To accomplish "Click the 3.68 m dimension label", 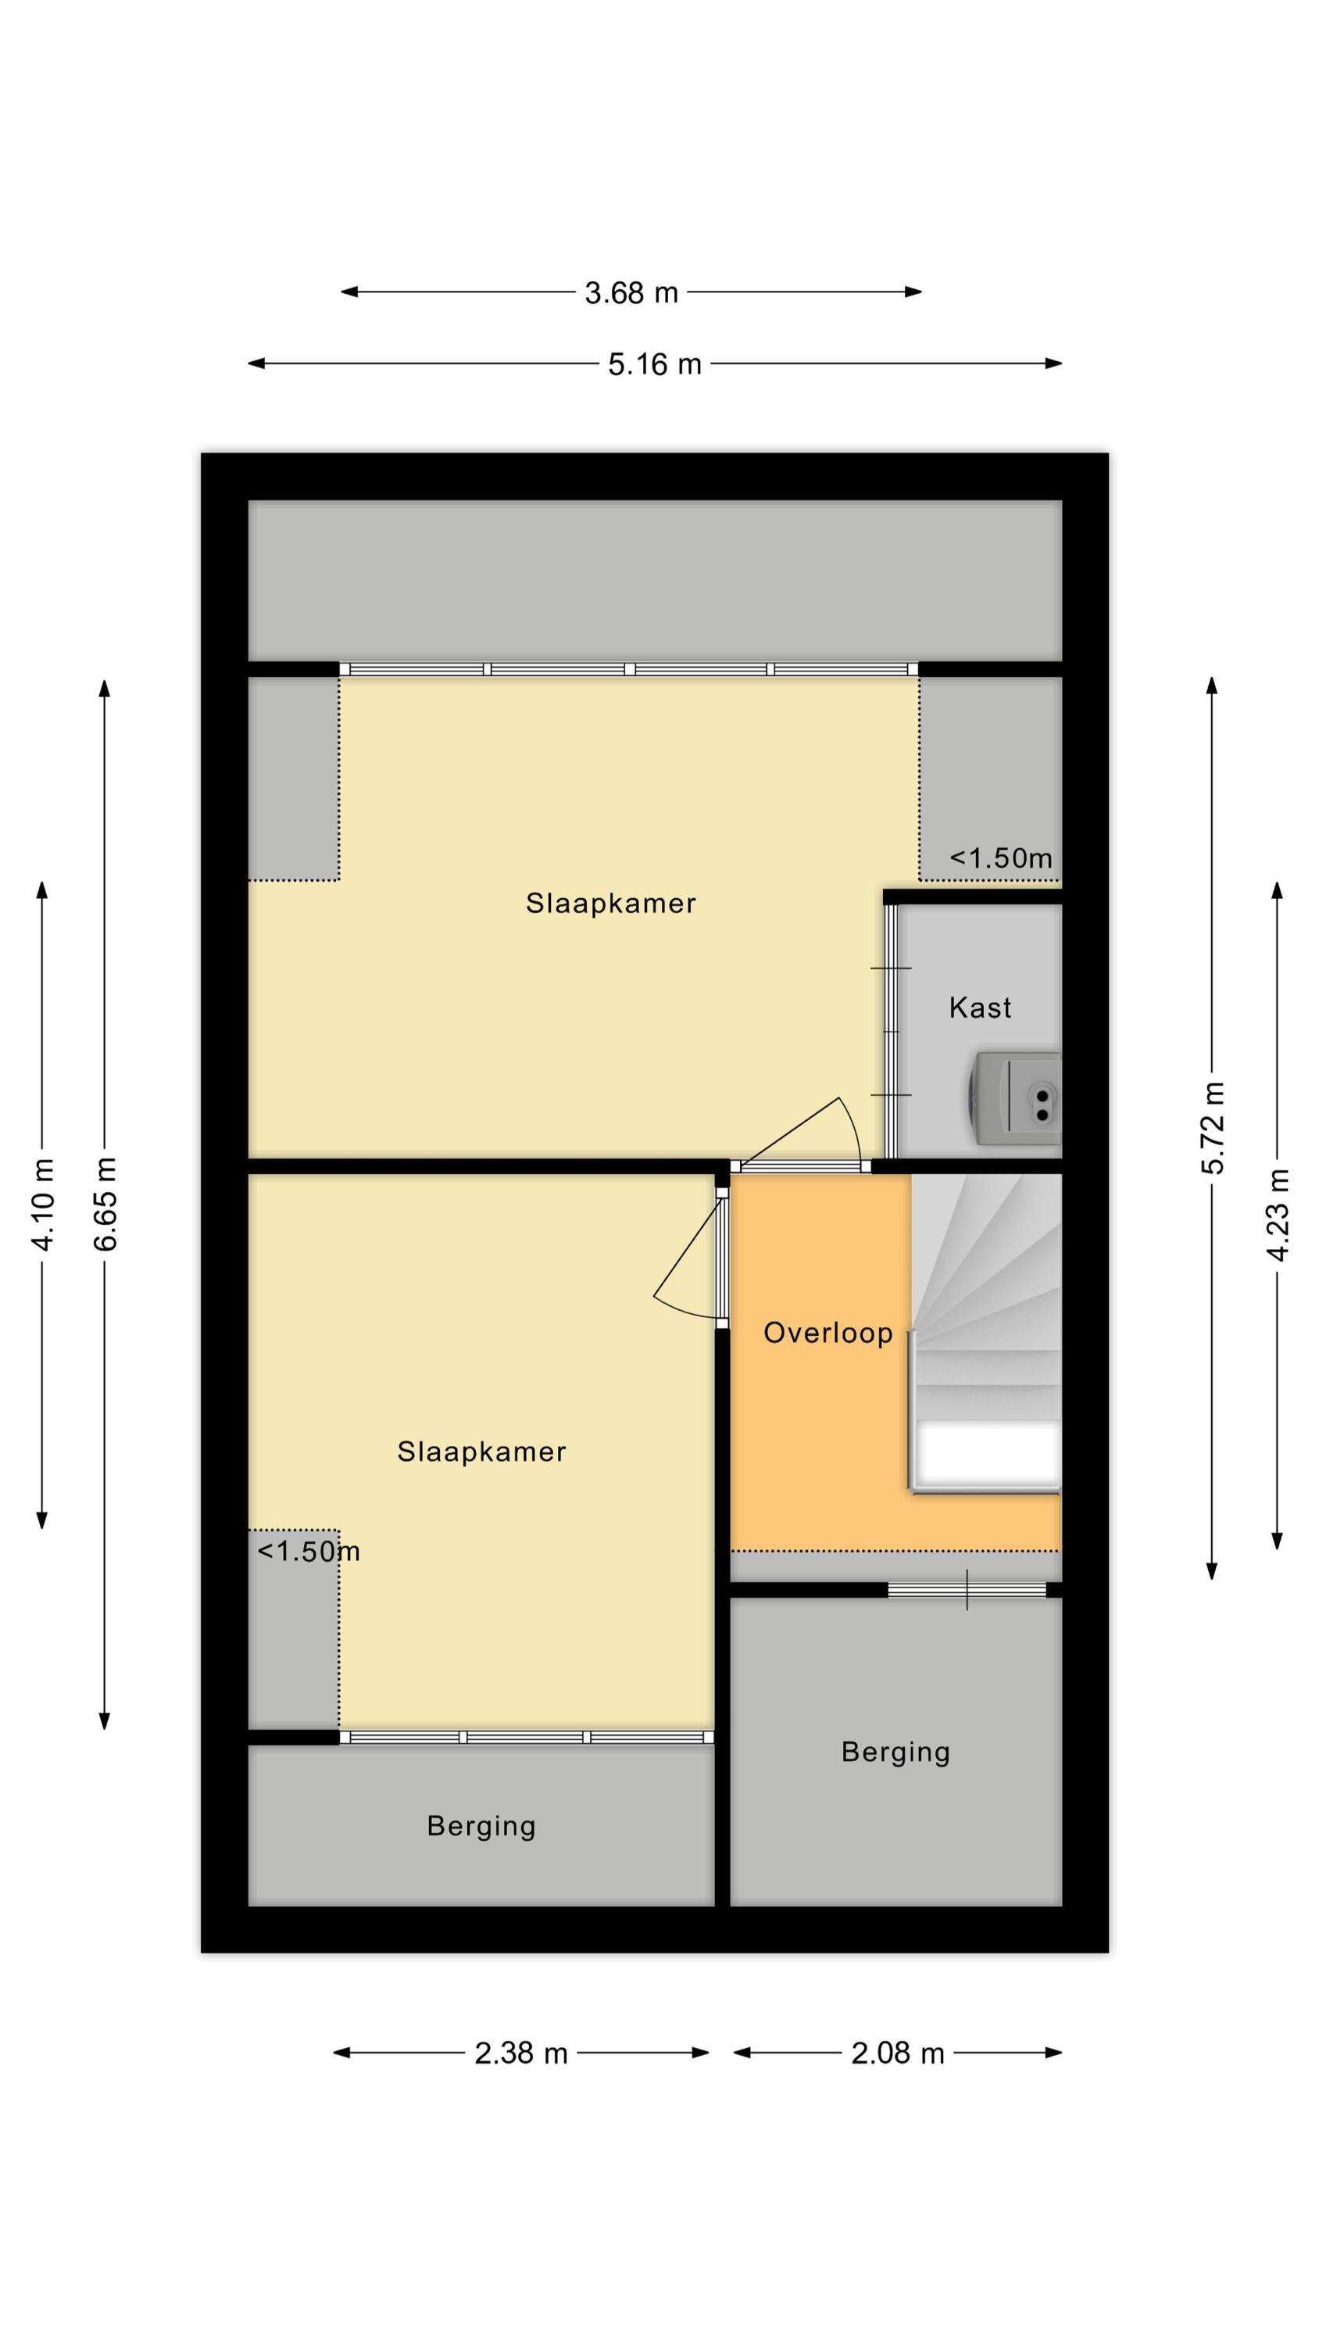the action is pos(631,293).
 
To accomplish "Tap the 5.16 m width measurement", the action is pos(655,364).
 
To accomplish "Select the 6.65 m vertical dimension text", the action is pos(105,1204).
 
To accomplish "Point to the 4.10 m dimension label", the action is pos(43,1204).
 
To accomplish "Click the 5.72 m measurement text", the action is pos(1214,1128).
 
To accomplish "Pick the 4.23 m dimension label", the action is pos(1278,1215).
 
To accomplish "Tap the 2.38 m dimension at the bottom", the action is pos(520,2053).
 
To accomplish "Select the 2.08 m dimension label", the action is pos(898,2053).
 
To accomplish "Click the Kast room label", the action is pos(979,1008).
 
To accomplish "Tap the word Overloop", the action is pos(828,1333).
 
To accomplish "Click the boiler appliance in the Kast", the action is pos(1015,1098).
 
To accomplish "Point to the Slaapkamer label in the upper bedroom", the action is pos(611,903).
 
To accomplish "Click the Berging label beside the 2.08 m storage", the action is pos(895,1752).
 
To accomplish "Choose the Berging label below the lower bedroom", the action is pos(481,1826).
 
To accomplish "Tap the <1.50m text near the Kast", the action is pos(1000,858).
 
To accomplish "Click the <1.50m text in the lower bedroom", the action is pos(309,1552).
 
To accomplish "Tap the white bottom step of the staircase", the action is pos(987,1454).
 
